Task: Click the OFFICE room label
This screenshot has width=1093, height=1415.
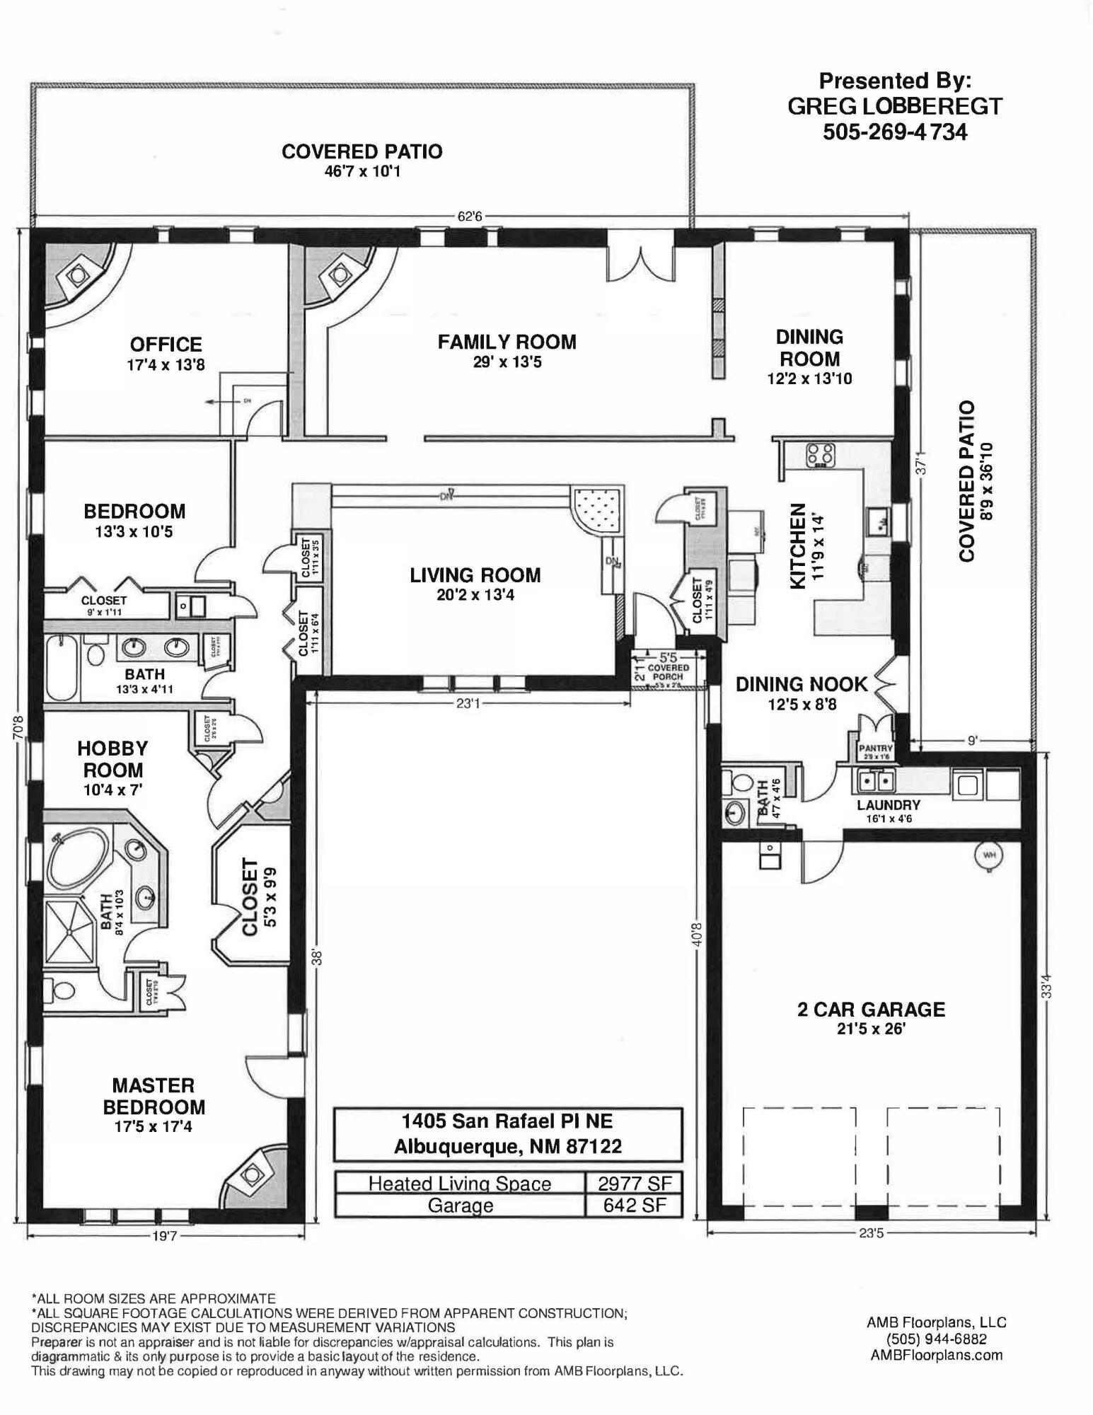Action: (x=166, y=345)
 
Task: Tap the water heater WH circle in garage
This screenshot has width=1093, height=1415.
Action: (x=988, y=855)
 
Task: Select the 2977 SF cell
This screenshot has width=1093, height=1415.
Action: (x=633, y=1184)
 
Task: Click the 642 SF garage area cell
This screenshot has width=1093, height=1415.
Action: (x=633, y=1205)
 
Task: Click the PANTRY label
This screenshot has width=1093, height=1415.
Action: (x=876, y=749)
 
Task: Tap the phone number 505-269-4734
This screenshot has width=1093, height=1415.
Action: (x=894, y=132)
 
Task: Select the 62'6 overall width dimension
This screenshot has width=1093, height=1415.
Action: (x=469, y=216)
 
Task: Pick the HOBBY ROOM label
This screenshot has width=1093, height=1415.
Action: (x=112, y=758)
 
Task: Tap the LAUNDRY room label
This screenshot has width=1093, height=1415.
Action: (x=888, y=805)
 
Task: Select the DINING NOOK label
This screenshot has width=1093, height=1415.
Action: (x=801, y=684)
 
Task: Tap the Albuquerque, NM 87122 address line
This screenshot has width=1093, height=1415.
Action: (x=507, y=1146)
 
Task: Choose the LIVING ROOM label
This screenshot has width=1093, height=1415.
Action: (x=475, y=575)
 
